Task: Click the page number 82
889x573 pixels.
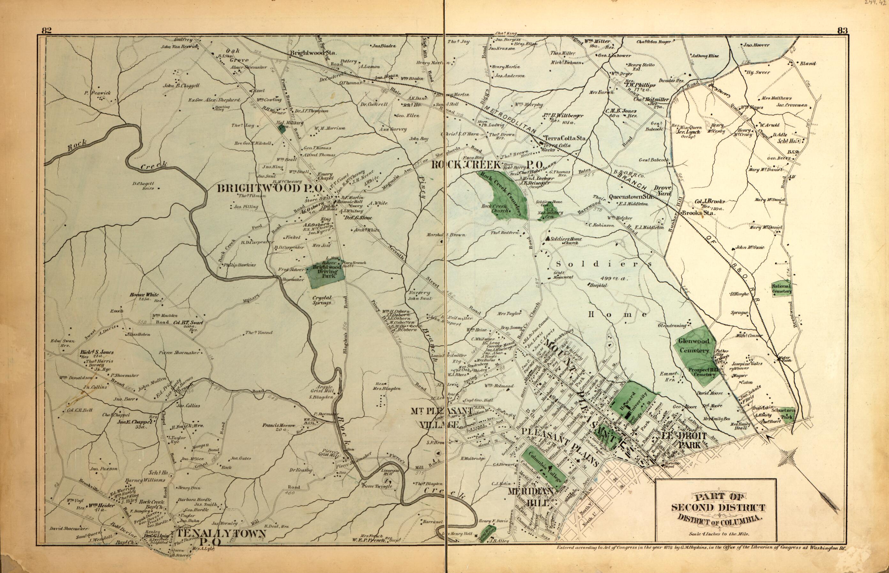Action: tap(46, 31)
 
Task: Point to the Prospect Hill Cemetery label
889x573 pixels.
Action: tap(702, 372)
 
